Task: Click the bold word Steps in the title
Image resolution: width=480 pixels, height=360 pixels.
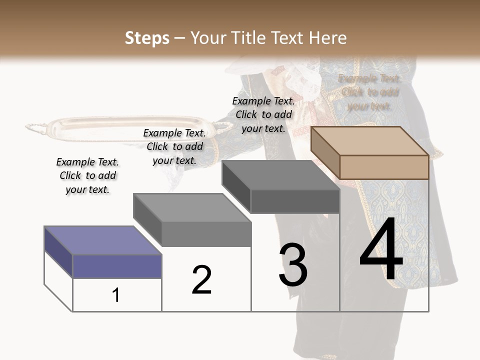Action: click(x=147, y=38)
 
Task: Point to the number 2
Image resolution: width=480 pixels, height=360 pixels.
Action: click(x=201, y=279)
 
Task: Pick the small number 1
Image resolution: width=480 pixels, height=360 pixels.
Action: click(x=116, y=295)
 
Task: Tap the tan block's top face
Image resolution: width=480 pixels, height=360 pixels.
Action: click(x=370, y=140)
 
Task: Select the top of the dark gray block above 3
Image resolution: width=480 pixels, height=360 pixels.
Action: click(x=280, y=175)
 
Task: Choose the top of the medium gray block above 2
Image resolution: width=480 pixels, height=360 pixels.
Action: click(x=192, y=207)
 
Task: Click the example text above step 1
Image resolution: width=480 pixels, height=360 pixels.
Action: click(x=87, y=175)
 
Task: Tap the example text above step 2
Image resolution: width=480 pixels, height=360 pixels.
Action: click(x=174, y=146)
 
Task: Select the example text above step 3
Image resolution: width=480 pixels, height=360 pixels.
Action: click(x=263, y=114)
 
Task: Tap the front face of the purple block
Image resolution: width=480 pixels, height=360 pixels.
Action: click(x=117, y=266)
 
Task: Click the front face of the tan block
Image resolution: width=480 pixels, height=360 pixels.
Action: click(x=384, y=167)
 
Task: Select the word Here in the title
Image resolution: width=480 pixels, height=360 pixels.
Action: click(x=328, y=38)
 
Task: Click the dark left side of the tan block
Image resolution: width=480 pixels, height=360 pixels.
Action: click(x=325, y=152)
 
